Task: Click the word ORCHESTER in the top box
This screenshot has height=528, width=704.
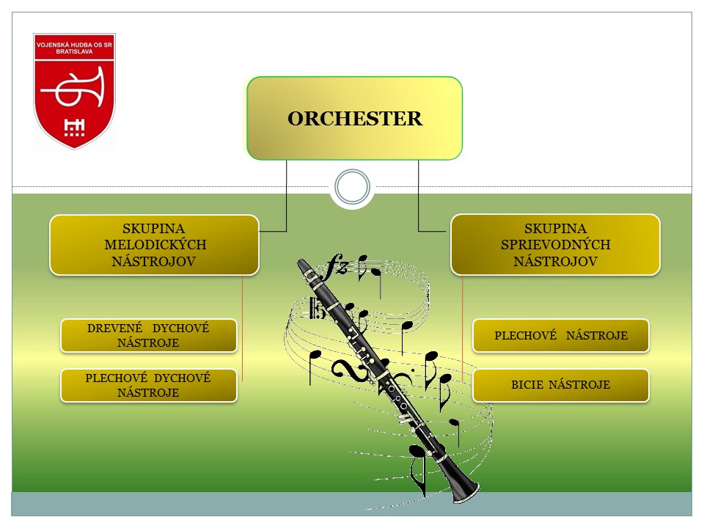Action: [355, 119]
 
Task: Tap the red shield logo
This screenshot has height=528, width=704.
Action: [74, 91]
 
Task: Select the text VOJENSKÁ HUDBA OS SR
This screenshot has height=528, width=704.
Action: [74, 46]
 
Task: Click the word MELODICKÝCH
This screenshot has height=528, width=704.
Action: [155, 245]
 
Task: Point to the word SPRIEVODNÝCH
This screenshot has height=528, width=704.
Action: [555, 245]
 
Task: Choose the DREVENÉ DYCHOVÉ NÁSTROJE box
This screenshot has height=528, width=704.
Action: [148, 335]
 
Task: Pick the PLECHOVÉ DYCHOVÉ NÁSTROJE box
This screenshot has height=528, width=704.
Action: [148, 385]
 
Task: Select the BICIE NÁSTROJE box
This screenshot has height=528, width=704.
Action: [560, 385]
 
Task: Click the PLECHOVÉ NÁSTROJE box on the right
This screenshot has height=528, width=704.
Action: [560, 335]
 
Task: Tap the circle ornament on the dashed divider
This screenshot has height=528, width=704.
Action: [351, 187]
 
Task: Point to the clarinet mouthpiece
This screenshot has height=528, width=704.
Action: [303, 266]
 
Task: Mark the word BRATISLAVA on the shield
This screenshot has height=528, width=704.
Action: [74, 54]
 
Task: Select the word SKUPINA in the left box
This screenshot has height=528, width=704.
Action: [155, 229]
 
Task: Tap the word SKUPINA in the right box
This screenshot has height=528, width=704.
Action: [555, 229]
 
